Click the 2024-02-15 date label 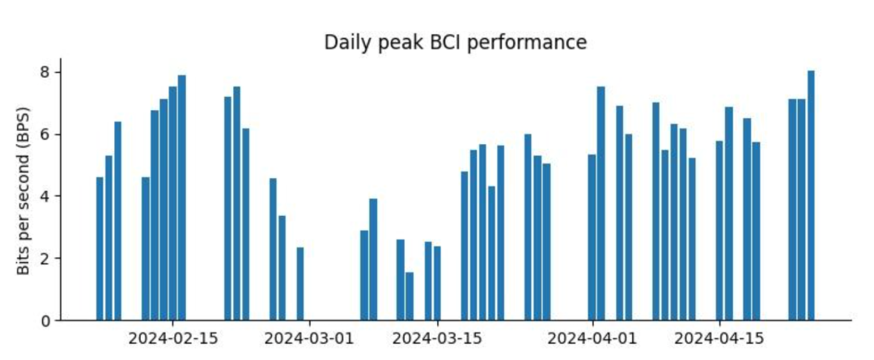173,339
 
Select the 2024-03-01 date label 309,339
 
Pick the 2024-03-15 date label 437,339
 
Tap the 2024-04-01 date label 592,339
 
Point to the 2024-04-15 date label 719,339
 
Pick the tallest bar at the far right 811,196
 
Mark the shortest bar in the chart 409,296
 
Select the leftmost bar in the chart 100,249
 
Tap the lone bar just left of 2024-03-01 300,284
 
